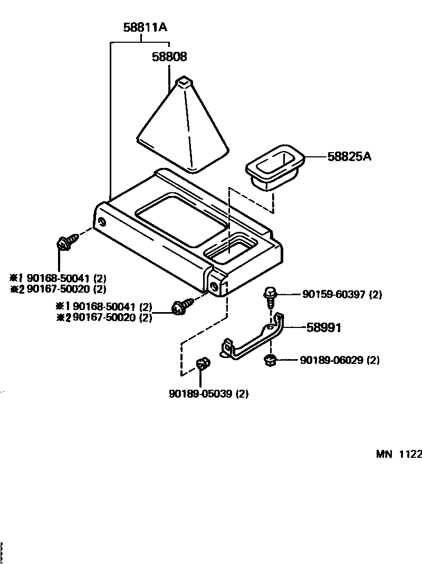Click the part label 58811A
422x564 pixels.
pyautogui.click(x=145, y=27)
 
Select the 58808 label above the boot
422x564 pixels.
pyautogui.click(x=169, y=57)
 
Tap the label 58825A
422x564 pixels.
pyautogui.click(x=350, y=156)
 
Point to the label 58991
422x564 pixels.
pyautogui.click(x=324, y=328)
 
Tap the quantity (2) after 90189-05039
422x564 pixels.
pyautogui.click(x=242, y=393)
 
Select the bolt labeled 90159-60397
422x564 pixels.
pyautogui.click(x=270, y=297)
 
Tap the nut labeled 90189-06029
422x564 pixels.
pyautogui.click(x=270, y=361)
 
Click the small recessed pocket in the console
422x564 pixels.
pyautogui.click(x=229, y=251)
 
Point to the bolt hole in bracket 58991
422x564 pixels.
pyautogui.click(x=270, y=327)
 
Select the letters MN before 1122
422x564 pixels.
pyautogui.click(x=385, y=454)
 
